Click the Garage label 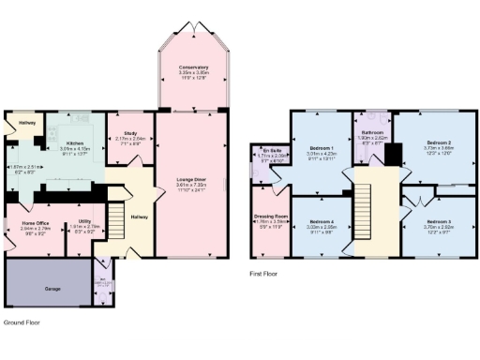click(x=52, y=288)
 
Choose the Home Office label click(x=36, y=223)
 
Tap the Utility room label click(x=84, y=223)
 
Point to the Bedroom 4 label click(x=321, y=223)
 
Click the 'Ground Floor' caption click(x=21, y=322)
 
